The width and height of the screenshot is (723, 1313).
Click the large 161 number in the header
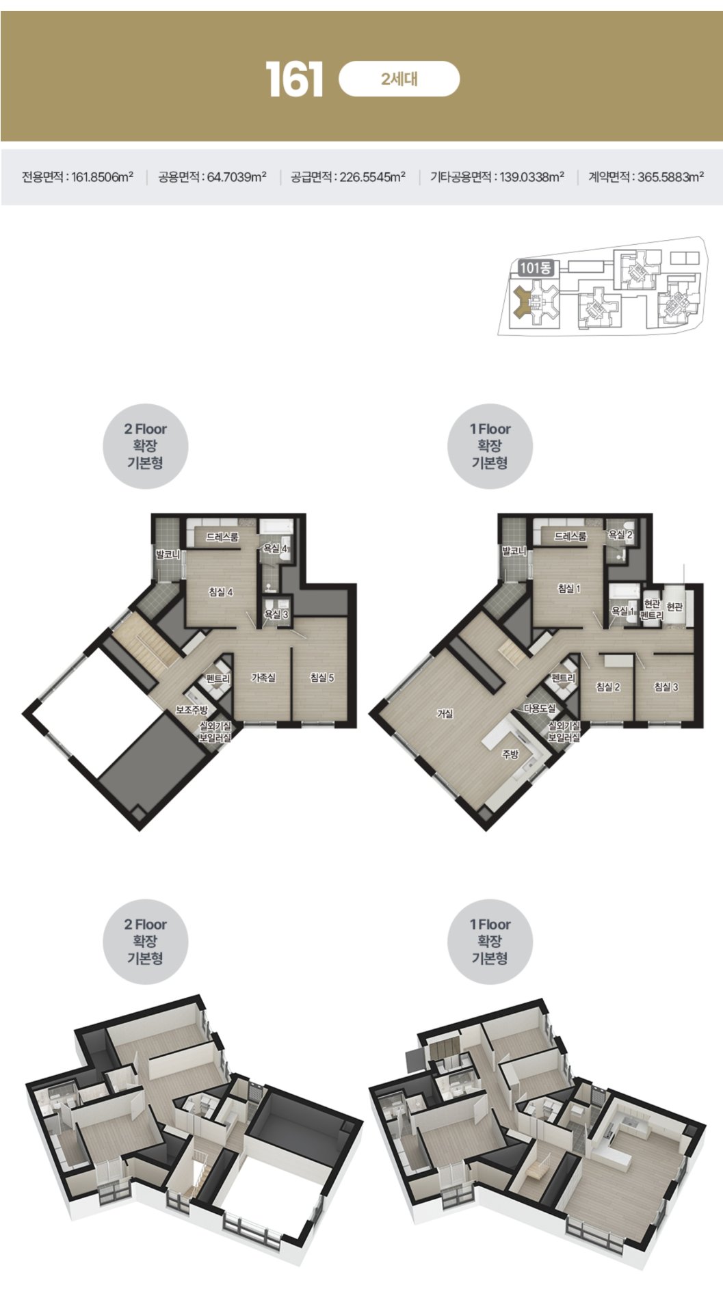tap(294, 80)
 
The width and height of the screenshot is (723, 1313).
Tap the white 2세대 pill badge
tap(399, 79)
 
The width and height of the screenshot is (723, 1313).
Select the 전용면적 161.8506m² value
tap(77, 177)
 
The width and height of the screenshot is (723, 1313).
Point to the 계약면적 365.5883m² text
tap(646, 177)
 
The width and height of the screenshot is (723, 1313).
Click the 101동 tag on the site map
tap(535, 268)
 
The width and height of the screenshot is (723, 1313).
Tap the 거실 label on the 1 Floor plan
tap(445, 714)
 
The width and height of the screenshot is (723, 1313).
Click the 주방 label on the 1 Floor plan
tap(510, 754)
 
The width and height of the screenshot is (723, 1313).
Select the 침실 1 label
tap(568, 588)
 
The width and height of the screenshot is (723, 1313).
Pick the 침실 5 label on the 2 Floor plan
tap(321, 678)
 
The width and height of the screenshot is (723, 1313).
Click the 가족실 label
tap(263, 678)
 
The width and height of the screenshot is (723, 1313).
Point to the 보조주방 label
tap(192, 710)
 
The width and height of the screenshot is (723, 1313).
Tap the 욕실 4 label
tap(276, 548)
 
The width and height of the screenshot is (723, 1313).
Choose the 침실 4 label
tap(221, 592)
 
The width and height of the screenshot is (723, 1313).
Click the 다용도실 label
tap(540, 708)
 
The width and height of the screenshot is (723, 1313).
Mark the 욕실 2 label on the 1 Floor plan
tap(620, 534)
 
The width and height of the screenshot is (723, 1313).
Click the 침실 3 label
tap(666, 686)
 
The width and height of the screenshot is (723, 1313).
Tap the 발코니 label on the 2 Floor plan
tap(168, 555)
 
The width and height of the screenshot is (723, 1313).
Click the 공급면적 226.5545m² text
tap(348, 177)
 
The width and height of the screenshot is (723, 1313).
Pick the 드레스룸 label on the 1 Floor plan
tap(570, 536)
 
